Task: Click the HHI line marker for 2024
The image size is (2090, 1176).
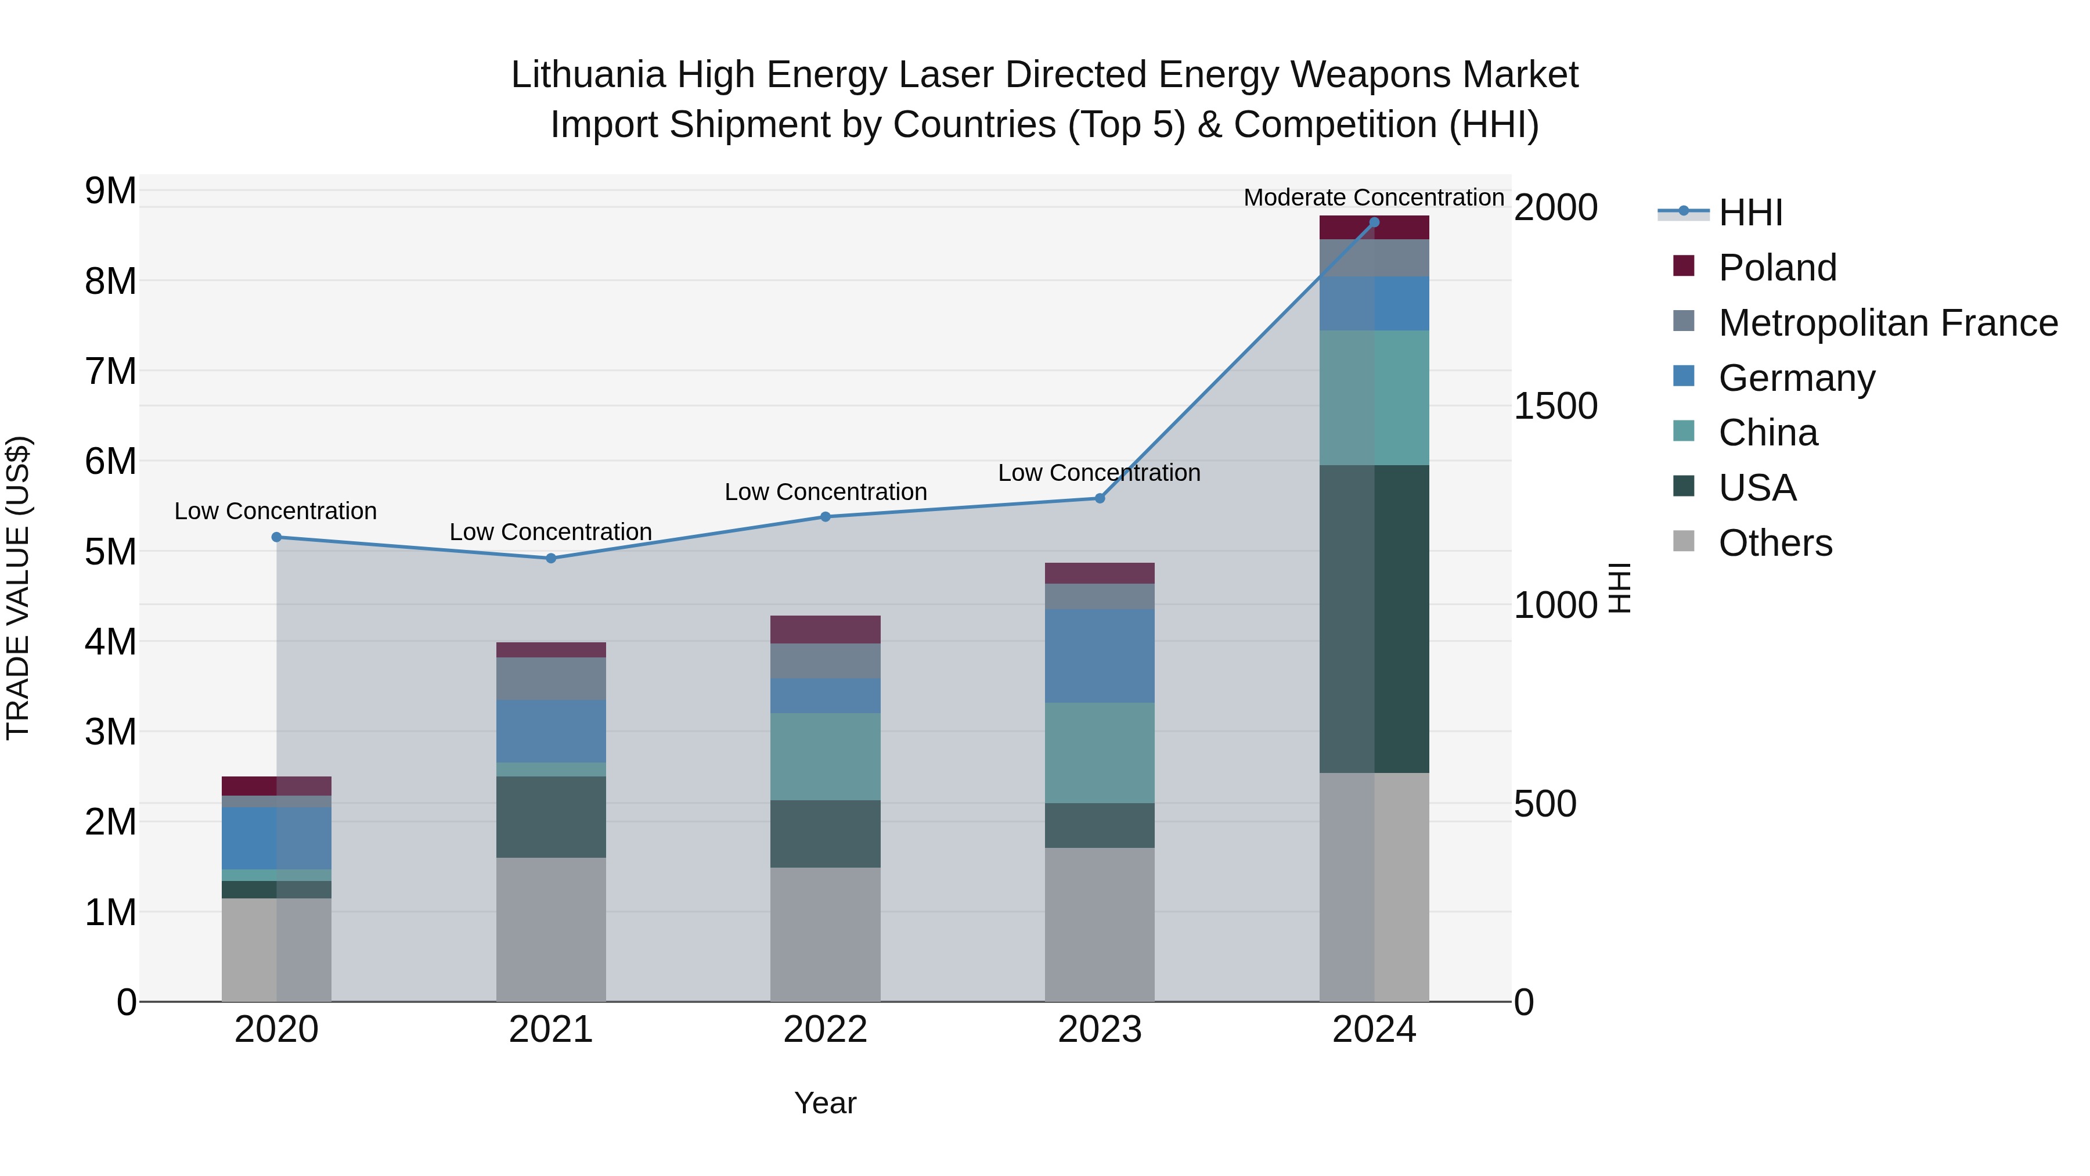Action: pyautogui.click(x=1374, y=222)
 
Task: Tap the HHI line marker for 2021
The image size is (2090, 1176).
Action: pyautogui.click(x=551, y=558)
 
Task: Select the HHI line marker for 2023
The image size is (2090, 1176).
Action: pyautogui.click(x=1100, y=498)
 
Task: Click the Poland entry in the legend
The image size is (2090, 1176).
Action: pyautogui.click(x=1777, y=268)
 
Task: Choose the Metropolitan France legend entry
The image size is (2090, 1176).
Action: pyautogui.click(x=1887, y=323)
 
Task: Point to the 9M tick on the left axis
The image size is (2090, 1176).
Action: pyautogui.click(x=110, y=192)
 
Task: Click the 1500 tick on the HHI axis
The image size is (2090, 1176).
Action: pyautogui.click(x=1555, y=407)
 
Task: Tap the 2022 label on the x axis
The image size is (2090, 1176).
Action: pyautogui.click(x=825, y=1030)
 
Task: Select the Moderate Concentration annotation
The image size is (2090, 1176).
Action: pyautogui.click(x=1374, y=197)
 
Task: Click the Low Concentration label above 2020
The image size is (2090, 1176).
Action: pyautogui.click(x=276, y=511)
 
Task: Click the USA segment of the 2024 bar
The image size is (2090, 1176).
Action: pyautogui.click(x=1374, y=618)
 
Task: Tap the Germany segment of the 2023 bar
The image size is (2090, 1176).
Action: pyautogui.click(x=1100, y=656)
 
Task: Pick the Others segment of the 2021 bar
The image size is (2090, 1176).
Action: pyautogui.click(x=551, y=929)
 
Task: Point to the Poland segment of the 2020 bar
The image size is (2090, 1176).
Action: pyautogui.click(x=276, y=786)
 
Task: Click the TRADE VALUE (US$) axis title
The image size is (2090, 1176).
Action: pyautogui.click(x=18, y=588)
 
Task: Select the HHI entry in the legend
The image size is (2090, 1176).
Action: pyautogui.click(x=1750, y=213)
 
